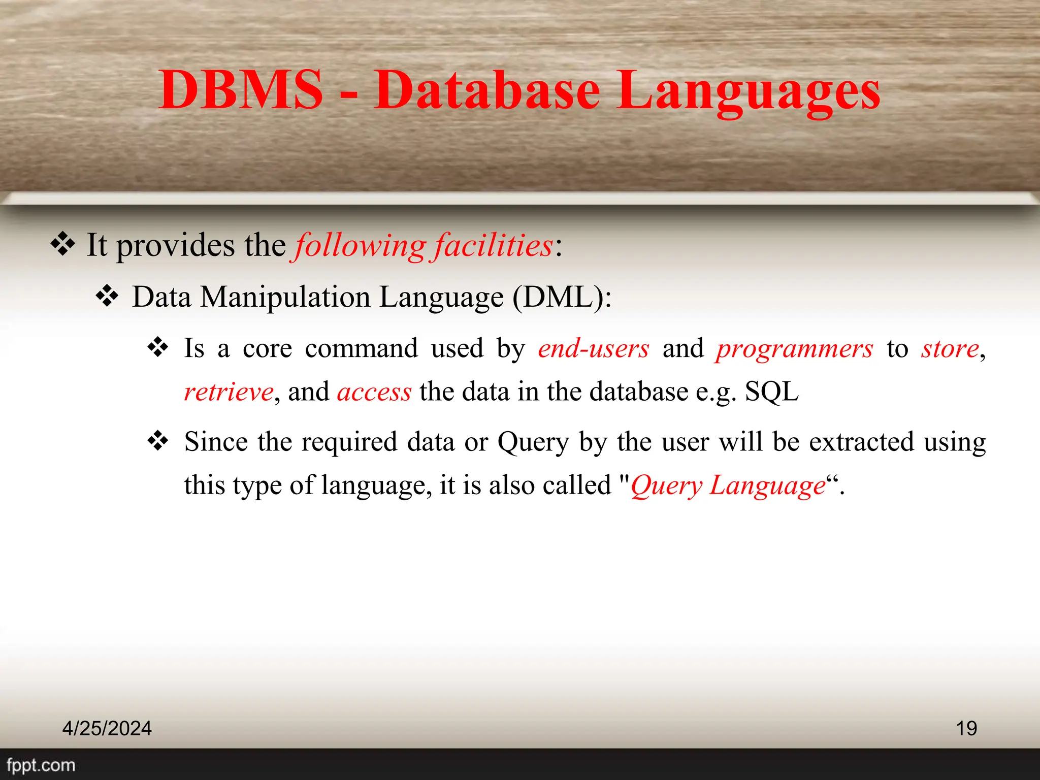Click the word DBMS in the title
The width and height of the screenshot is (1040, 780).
tap(241, 90)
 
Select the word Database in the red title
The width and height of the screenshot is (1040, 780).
tap(487, 90)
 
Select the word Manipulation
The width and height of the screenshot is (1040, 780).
tap(285, 297)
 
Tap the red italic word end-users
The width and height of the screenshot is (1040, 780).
tap(594, 349)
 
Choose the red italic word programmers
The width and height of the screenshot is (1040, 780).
tap(795, 349)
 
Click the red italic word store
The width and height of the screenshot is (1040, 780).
tap(950, 349)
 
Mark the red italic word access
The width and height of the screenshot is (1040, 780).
tap(374, 392)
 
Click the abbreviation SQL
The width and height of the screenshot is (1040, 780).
tap(772, 392)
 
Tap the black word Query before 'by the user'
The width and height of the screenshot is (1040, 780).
tap(533, 442)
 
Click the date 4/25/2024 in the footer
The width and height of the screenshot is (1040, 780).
tap(107, 728)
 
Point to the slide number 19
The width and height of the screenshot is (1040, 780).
tap(966, 728)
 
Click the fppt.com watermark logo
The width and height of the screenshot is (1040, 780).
tap(41, 765)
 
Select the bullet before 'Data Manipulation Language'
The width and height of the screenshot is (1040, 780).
tap(107, 296)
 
